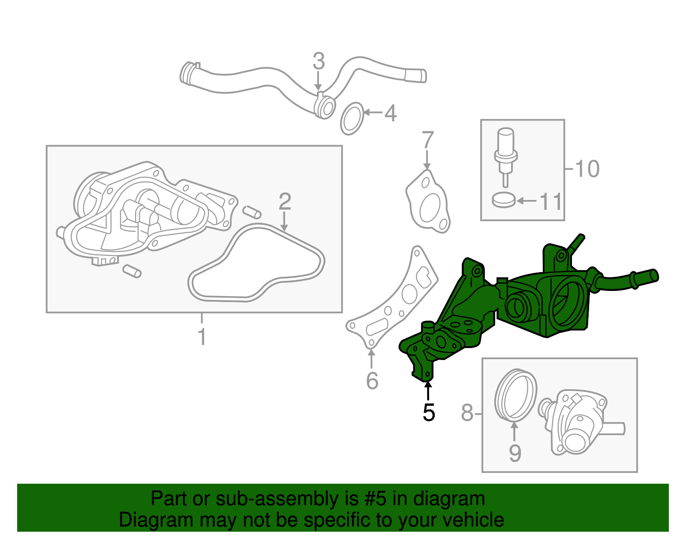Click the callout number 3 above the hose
[x=319, y=62]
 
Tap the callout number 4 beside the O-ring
[x=390, y=113]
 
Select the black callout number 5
[x=428, y=412]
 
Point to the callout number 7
[x=427, y=141]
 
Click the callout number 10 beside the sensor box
[x=587, y=169]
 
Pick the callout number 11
[x=551, y=201]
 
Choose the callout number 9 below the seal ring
[x=515, y=453]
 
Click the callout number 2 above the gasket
[x=285, y=201]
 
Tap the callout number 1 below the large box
[x=202, y=337]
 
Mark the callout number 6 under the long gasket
[x=372, y=381]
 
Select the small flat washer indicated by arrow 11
[x=503, y=200]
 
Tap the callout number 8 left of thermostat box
[x=467, y=413]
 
